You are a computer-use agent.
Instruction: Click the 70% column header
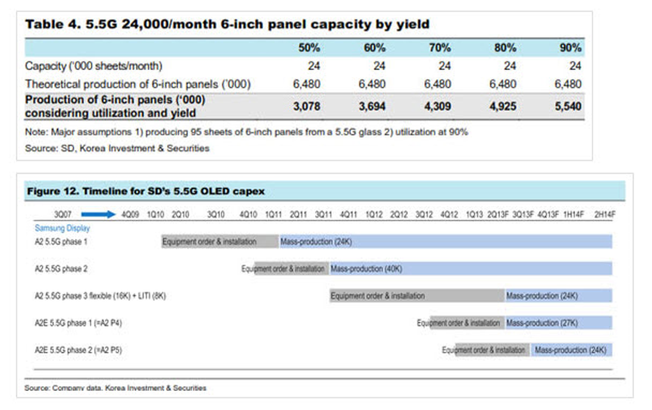[440, 48]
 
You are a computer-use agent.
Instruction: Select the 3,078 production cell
[306, 107]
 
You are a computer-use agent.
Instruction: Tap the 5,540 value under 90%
[568, 107]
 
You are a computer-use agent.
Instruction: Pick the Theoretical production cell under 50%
[306, 84]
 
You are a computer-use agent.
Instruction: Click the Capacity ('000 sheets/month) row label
[93, 66]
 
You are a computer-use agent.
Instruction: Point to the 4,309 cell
[437, 107]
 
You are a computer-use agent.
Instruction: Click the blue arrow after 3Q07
[98, 214]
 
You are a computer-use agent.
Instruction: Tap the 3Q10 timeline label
[216, 215]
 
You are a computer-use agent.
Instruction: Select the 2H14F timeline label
[605, 215]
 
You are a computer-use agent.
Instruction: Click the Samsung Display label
[62, 228]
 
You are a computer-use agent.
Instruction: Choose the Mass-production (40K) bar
[471, 269]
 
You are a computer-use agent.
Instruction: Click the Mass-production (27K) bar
[559, 323]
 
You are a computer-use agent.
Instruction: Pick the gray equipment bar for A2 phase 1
[220, 241]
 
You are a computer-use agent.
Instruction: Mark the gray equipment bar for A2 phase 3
[417, 296]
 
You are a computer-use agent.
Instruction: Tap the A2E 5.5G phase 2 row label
[78, 350]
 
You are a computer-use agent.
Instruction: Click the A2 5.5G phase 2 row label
[61, 269]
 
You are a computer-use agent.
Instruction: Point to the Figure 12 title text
[146, 191]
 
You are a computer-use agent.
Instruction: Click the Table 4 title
[227, 24]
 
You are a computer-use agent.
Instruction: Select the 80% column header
[505, 48]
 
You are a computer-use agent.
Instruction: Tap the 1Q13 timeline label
[474, 215]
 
